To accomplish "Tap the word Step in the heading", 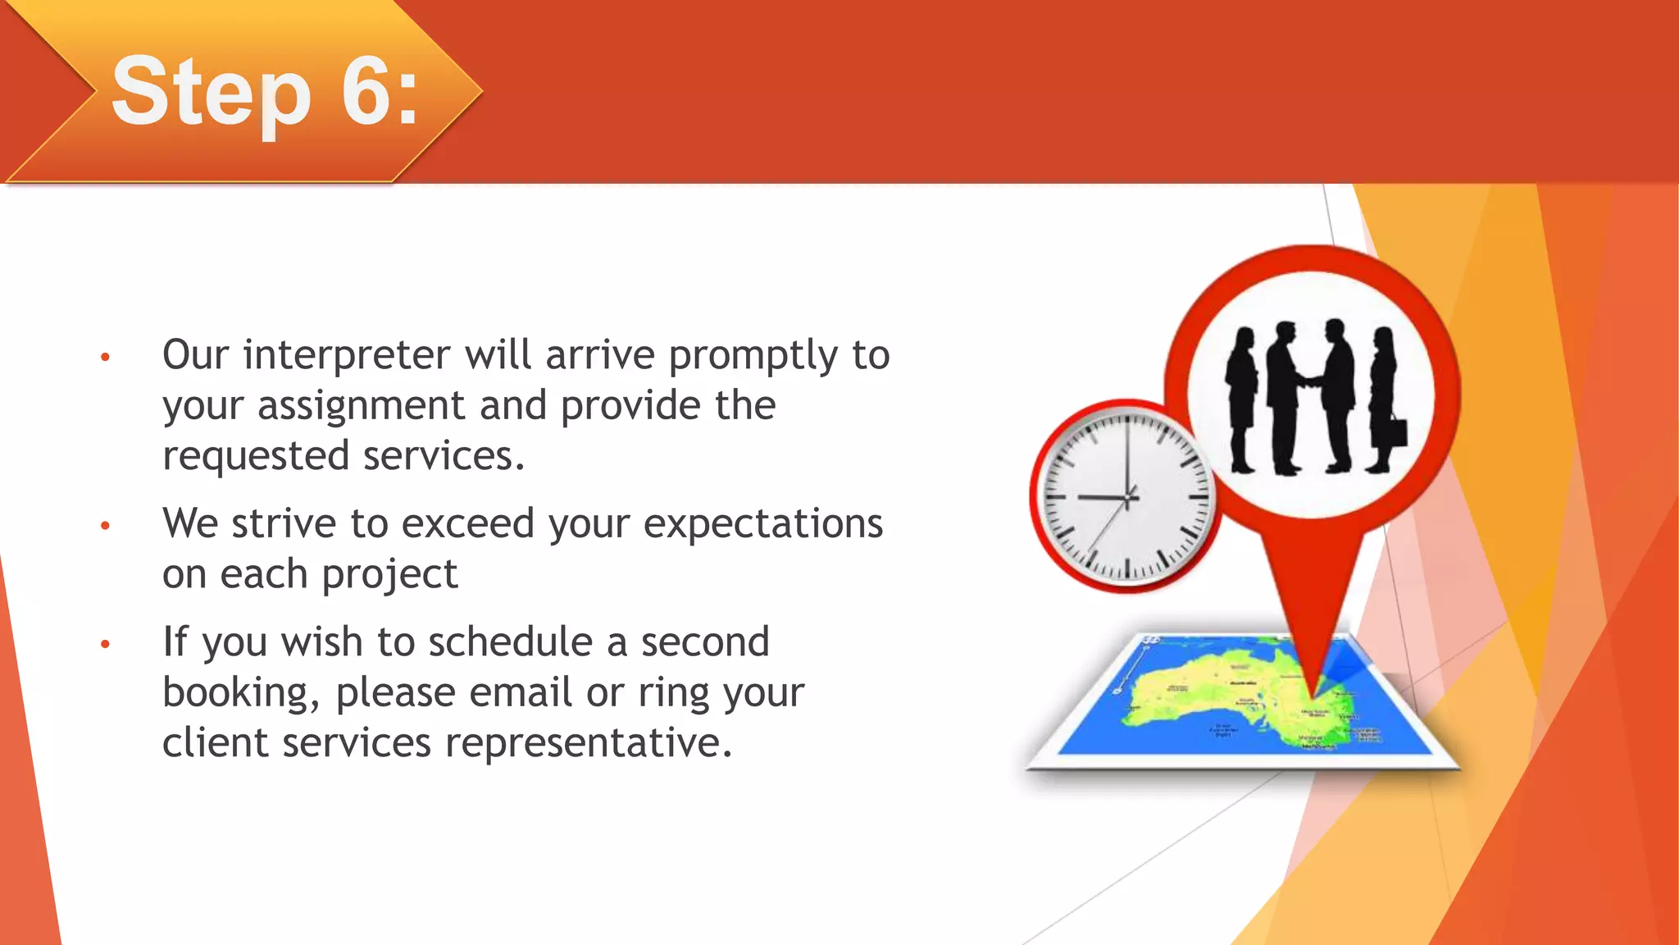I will point(212,92).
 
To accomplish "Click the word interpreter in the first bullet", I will point(347,356).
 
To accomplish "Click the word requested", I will point(255,457).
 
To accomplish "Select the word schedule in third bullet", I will point(510,642).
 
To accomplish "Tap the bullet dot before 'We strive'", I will point(105,525).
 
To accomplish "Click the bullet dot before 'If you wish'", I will point(105,644).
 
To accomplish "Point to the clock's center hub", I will point(1128,497).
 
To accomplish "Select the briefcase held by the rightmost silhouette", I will point(1397,432).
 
